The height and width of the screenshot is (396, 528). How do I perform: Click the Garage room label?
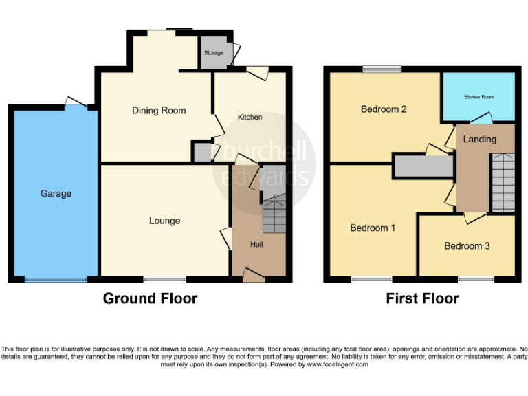[x=56, y=194]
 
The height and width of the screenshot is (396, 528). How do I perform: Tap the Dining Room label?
[x=159, y=110]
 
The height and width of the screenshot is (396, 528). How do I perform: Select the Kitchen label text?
[x=250, y=117]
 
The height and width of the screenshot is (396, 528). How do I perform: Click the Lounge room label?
[x=164, y=221]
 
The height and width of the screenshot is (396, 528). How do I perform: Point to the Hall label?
[x=256, y=244]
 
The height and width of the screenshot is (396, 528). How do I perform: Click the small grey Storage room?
[x=214, y=52]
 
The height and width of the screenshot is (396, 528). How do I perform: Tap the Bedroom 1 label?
[x=373, y=228]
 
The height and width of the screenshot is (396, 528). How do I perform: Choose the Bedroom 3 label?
[x=467, y=245]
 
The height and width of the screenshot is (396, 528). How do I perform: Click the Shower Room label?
[x=478, y=97]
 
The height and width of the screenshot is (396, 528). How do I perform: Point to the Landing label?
[x=479, y=139]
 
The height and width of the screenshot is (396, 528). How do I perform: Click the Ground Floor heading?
[x=150, y=298]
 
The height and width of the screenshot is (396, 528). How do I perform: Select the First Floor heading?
[x=422, y=298]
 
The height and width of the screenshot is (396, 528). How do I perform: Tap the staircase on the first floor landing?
[x=503, y=182]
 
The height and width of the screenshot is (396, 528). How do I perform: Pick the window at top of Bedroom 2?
[x=382, y=69]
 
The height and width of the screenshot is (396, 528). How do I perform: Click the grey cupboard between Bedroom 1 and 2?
[x=422, y=166]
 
